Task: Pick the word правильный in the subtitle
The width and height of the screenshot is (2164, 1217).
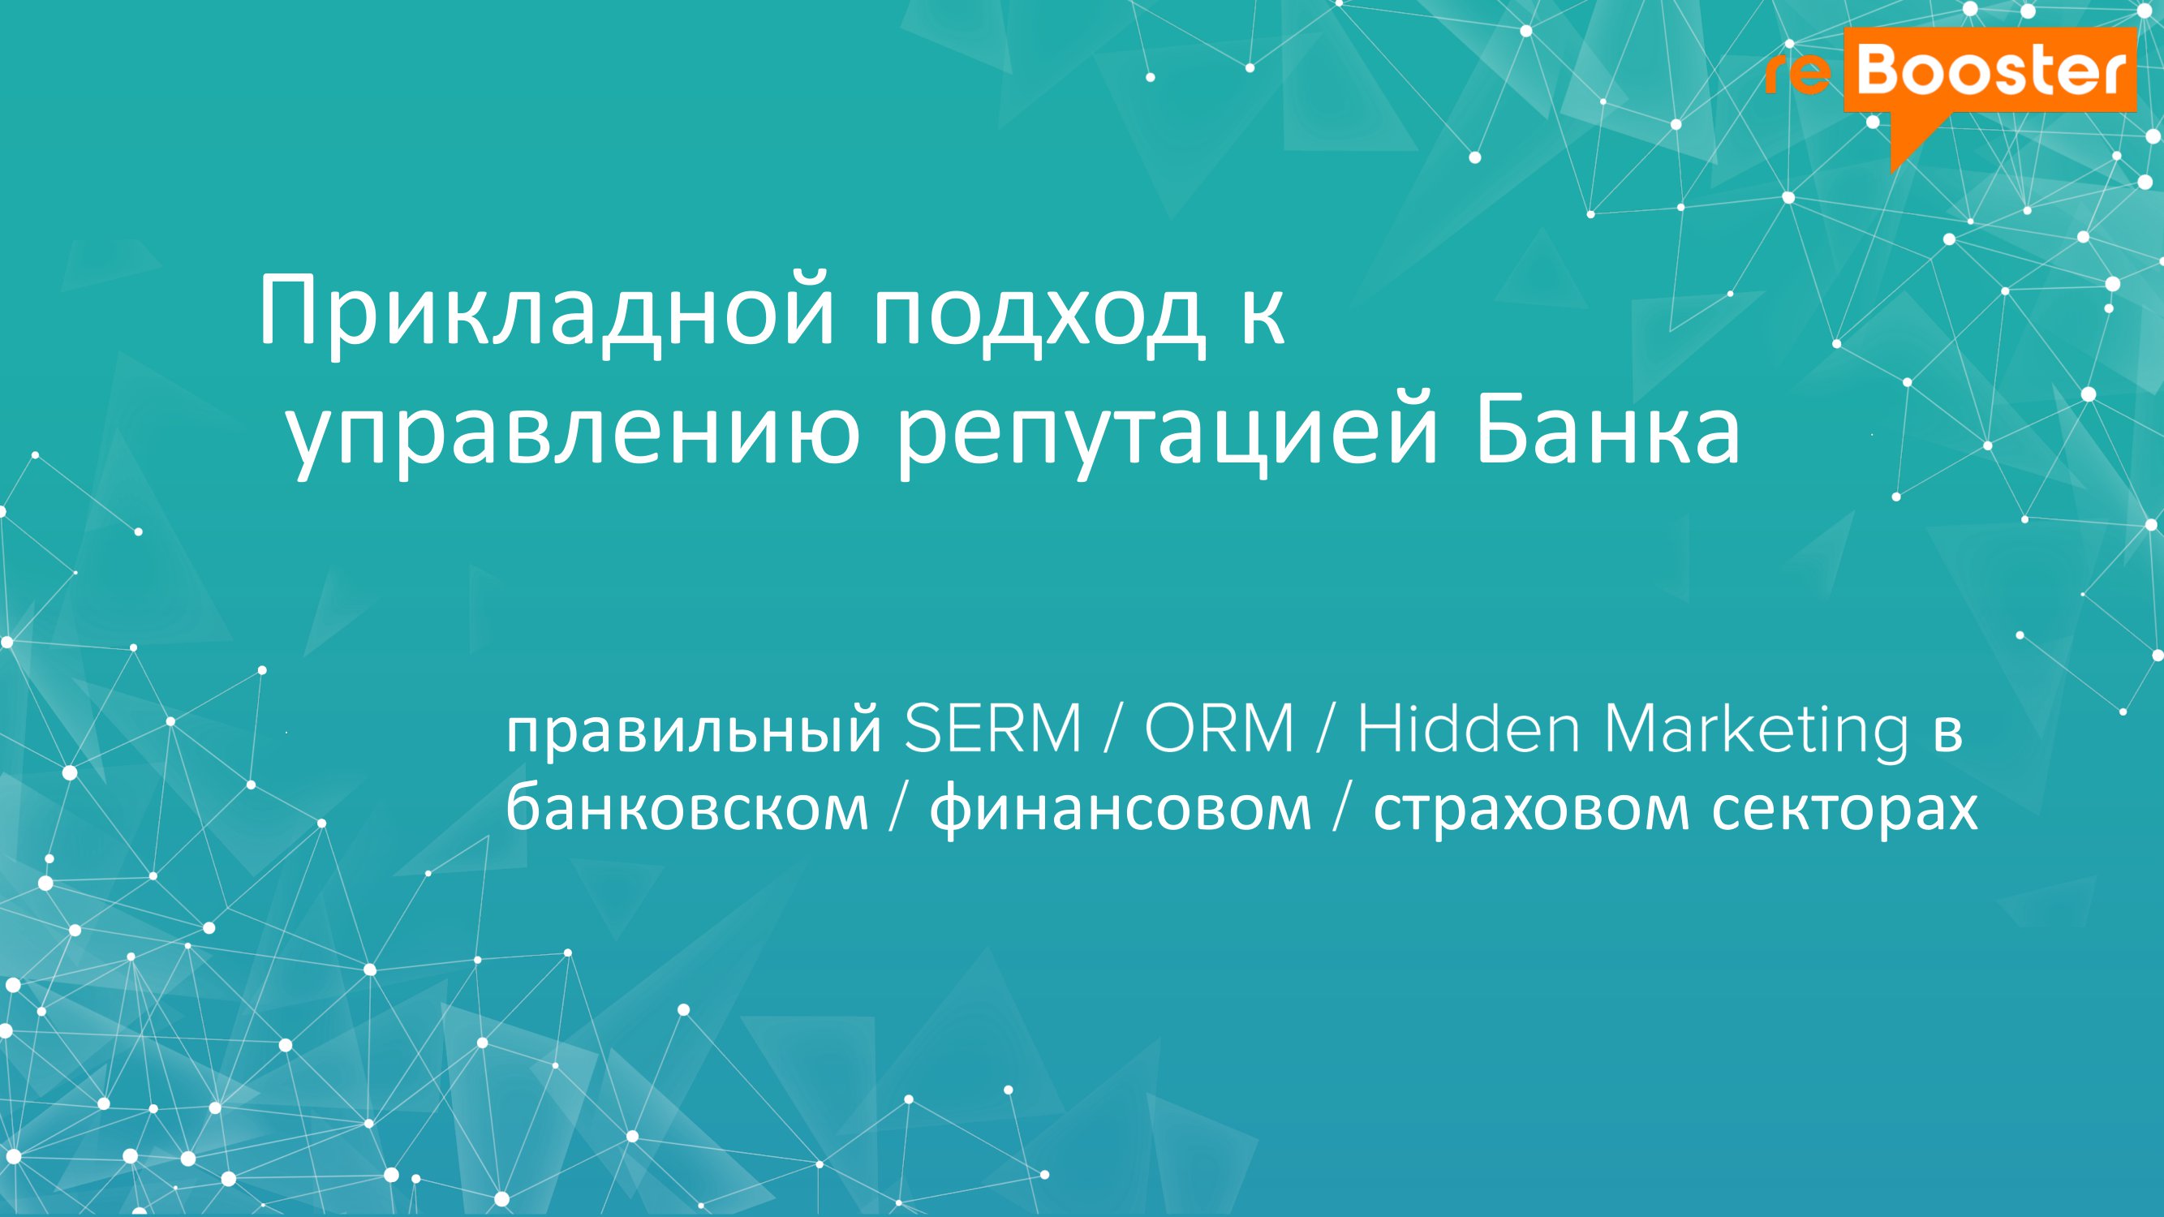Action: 694,730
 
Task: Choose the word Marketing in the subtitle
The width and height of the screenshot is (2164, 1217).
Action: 1757,730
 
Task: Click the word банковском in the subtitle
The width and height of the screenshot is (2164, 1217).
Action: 686,808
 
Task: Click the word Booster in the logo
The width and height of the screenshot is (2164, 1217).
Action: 1991,71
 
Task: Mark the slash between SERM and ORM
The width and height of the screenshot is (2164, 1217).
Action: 1113,729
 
